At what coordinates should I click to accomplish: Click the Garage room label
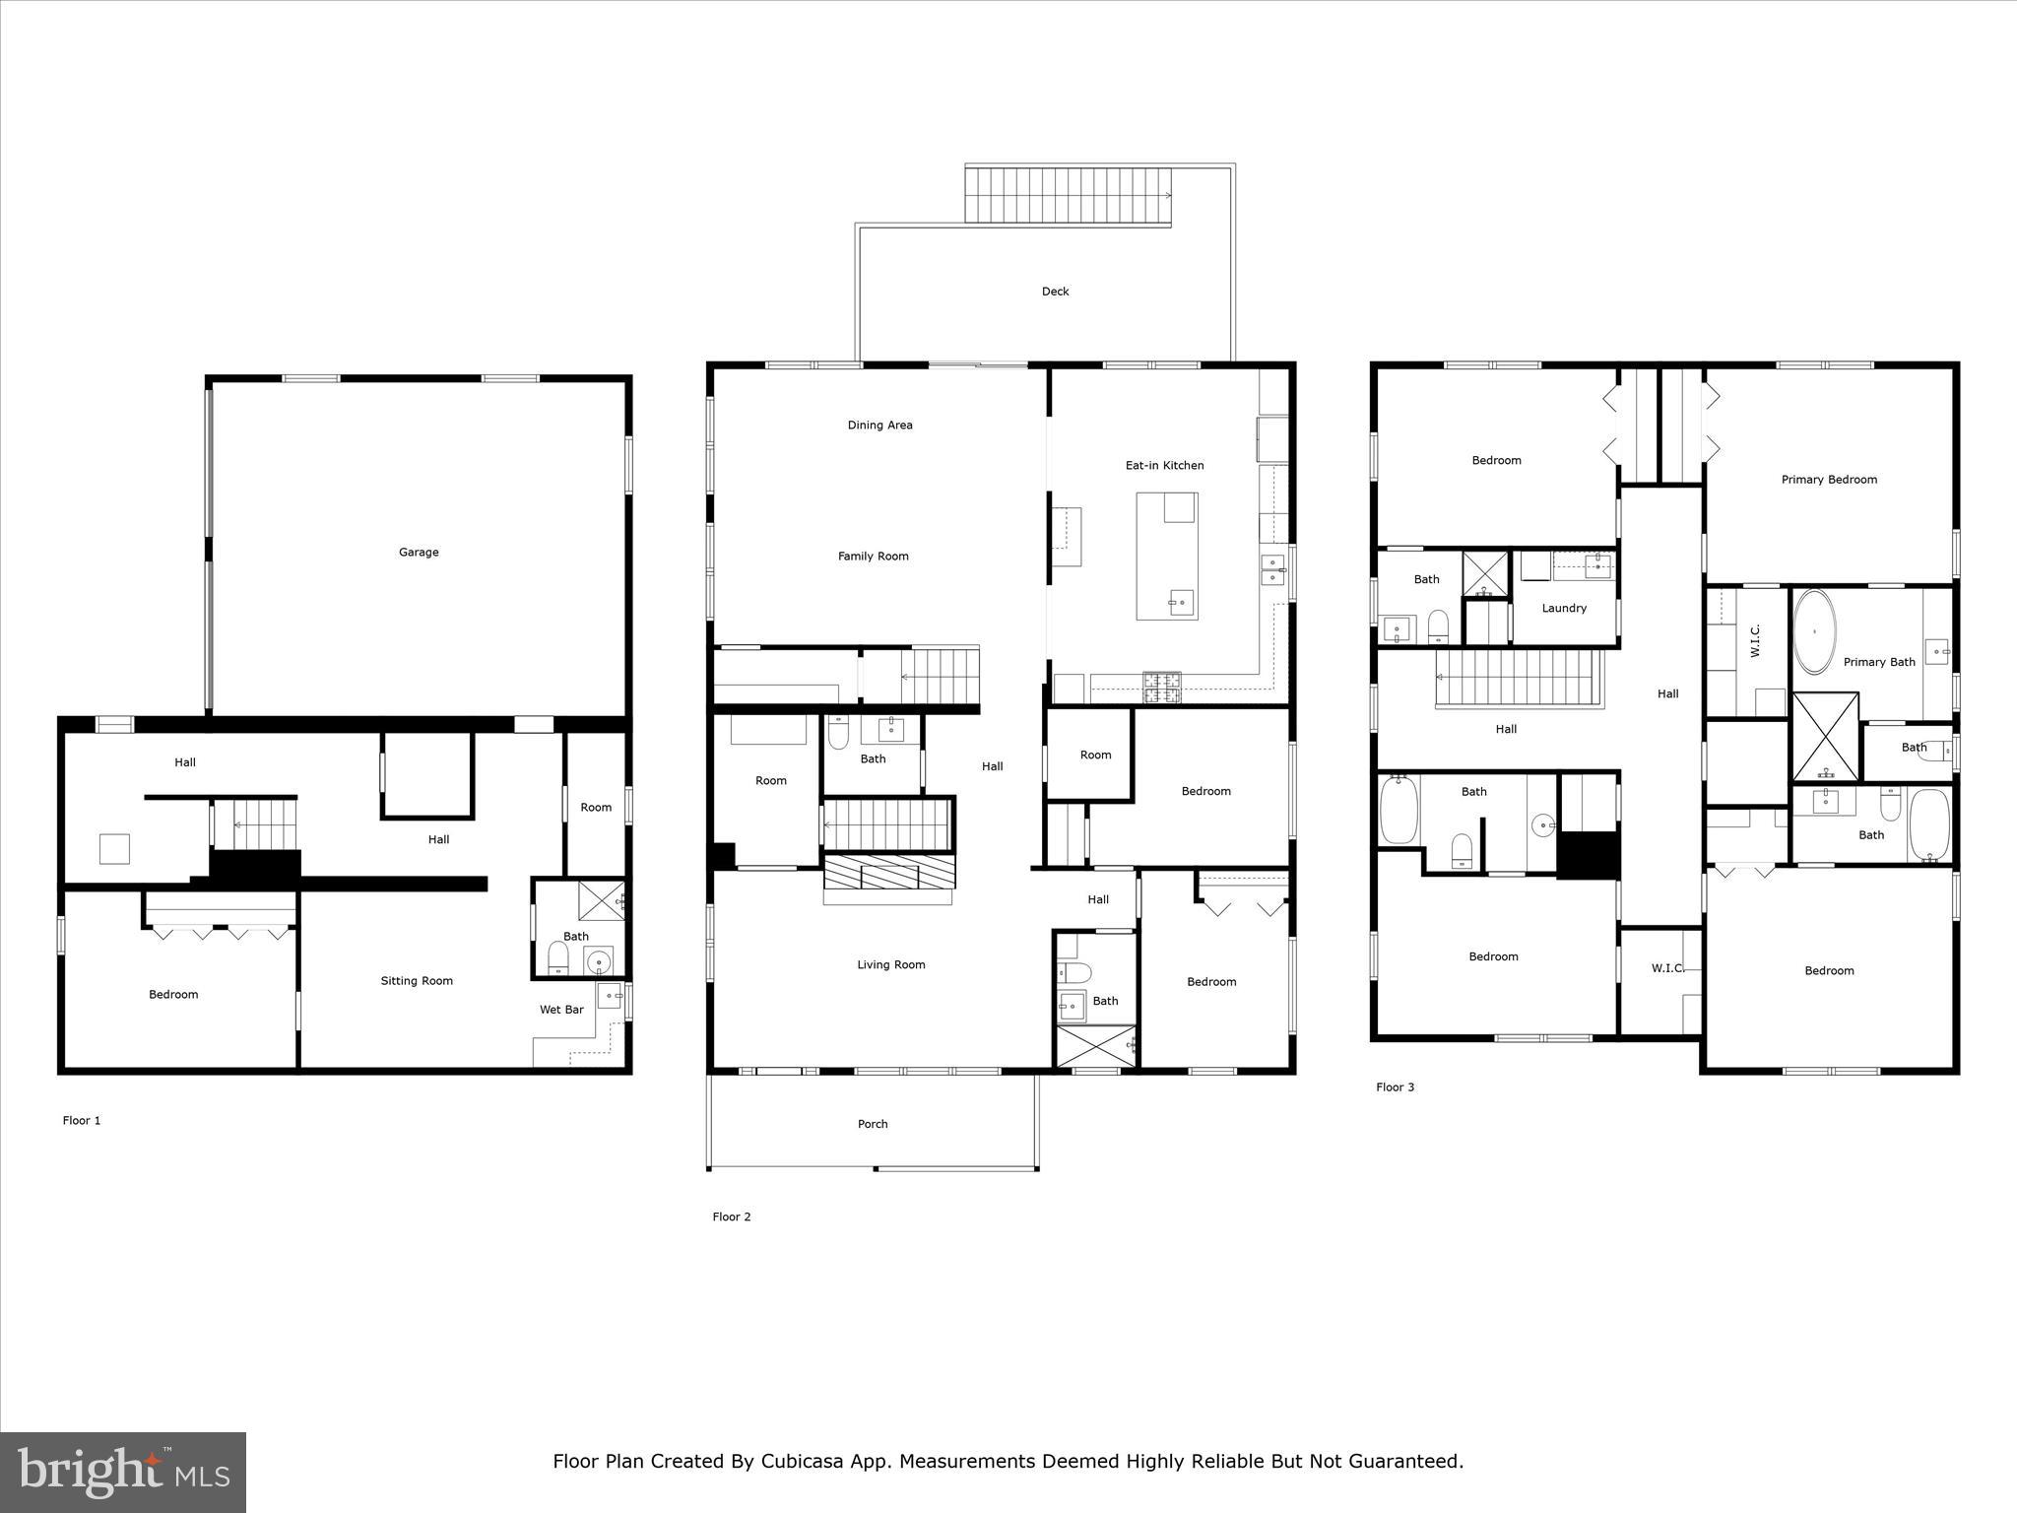click(419, 553)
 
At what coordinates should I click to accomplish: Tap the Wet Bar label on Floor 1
click(561, 1010)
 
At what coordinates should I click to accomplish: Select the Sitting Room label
click(417, 981)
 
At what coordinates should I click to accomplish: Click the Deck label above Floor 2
click(1055, 292)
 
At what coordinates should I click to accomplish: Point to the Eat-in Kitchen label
click(1164, 466)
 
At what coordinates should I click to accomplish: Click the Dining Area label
click(879, 426)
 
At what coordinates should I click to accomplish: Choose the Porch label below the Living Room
click(873, 1124)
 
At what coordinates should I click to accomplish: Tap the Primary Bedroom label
click(1829, 480)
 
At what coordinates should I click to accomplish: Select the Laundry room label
click(1564, 609)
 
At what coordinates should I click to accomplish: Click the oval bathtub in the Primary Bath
click(1814, 631)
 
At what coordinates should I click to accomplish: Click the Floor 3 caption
click(1395, 1087)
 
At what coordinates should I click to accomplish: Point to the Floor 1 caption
click(82, 1121)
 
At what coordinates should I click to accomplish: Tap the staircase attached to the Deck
click(1068, 196)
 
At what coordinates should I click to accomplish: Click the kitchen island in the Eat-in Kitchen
click(1166, 557)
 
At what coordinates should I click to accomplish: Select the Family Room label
click(873, 557)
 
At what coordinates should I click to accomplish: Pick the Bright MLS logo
click(123, 1472)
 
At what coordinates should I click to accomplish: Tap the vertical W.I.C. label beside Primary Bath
click(1755, 641)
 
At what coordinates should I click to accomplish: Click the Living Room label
click(890, 965)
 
